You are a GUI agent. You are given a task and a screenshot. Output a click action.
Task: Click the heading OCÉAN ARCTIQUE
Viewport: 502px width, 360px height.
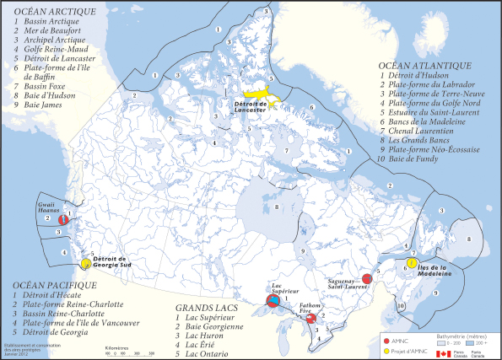pyautogui.click(x=50, y=12)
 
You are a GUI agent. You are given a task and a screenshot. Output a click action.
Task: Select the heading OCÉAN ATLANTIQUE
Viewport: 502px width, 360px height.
pyautogui.click(x=426, y=64)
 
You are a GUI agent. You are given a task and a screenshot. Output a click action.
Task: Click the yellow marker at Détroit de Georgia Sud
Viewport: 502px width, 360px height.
pyautogui.click(x=86, y=251)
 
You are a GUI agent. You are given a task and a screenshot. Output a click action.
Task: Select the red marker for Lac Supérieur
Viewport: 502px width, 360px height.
pyautogui.click(x=273, y=300)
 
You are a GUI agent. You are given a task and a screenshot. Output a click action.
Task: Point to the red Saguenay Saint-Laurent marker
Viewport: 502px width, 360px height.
pyautogui.click(x=367, y=278)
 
